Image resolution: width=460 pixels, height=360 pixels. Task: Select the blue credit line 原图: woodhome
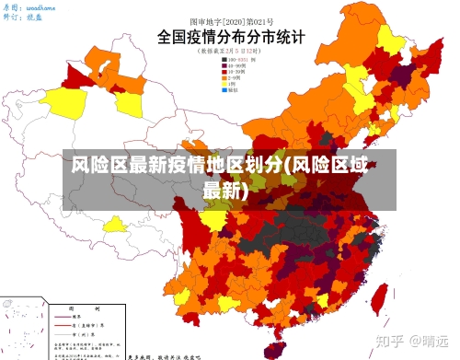[29, 6]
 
